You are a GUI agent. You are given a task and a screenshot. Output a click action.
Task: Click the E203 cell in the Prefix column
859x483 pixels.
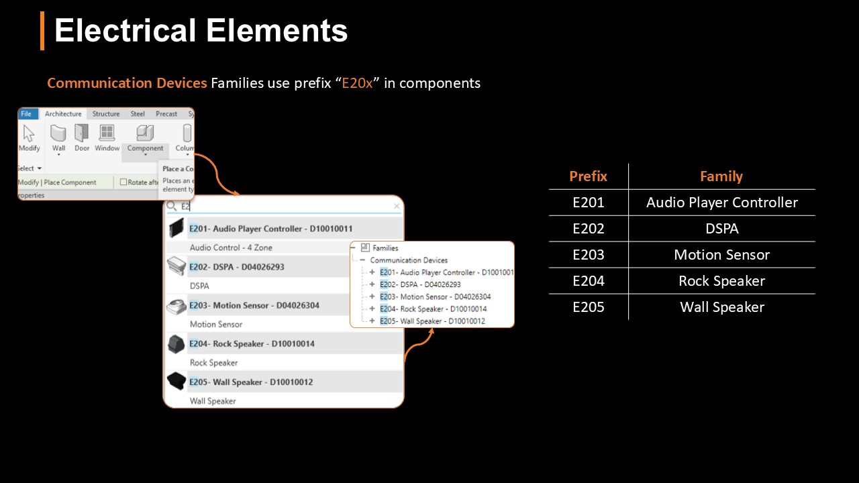pyautogui.click(x=588, y=255)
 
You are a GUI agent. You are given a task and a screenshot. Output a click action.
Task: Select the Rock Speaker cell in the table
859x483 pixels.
pyautogui.click(x=721, y=281)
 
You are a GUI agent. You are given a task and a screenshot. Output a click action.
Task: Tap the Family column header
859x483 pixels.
pyautogui.click(x=721, y=176)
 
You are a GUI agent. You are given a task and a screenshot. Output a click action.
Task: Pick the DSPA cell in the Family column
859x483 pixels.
pyautogui.click(x=721, y=229)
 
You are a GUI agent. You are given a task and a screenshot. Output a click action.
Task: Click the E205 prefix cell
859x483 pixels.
pyautogui.click(x=588, y=307)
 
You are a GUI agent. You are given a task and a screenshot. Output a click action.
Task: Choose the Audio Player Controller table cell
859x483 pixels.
pyautogui.click(x=721, y=203)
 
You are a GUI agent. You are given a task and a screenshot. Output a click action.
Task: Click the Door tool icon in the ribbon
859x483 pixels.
pyautogui.click(x=81, y=133)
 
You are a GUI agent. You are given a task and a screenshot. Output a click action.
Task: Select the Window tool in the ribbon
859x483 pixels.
pyautogui.click(x=107, y=133)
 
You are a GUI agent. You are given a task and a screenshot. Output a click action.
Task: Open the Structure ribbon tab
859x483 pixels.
pyautogui.click(x=106, y=114)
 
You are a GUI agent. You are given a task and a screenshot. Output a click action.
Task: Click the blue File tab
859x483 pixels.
pyautogui.click(x=26, y=114)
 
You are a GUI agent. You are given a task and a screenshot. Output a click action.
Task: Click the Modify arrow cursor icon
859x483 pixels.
pyautogui.click(x=28, y=133)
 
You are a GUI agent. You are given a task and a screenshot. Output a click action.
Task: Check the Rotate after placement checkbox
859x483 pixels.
pyautogui.click(x=123, y=182)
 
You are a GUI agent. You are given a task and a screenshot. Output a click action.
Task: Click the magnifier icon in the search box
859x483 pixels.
pyautogui.click(x=172, y=207)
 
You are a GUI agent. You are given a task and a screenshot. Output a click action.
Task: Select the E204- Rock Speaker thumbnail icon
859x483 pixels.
pyautogui.click(x=176, y=344)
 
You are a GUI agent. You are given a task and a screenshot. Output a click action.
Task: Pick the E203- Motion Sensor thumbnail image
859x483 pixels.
pyautogui.click(x=176, y=305)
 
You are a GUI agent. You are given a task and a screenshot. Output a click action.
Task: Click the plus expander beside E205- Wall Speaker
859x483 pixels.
pyautogui.click(x=372, y=321)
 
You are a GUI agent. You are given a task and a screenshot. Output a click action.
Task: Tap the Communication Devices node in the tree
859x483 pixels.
pyautogui.click(x=409, y=260)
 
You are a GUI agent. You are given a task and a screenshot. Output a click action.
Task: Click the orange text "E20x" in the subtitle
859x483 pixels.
pyautogui.click(x=357, y=83)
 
